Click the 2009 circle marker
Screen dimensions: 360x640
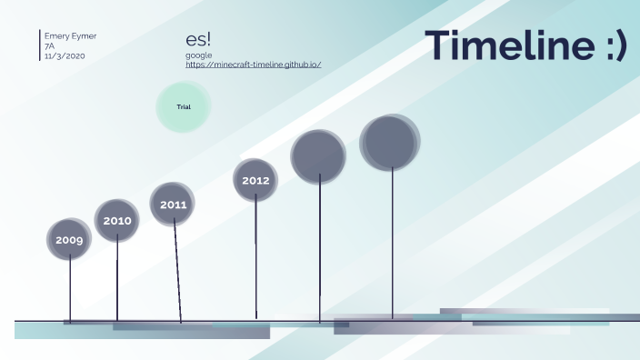69,239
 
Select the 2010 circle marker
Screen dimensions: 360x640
116,220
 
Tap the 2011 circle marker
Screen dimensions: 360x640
173,204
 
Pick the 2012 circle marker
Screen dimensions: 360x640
255,180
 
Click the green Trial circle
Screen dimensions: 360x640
184,107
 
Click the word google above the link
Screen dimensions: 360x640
198,55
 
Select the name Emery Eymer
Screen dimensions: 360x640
71,36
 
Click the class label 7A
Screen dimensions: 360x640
50,46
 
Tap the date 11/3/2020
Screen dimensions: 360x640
65,56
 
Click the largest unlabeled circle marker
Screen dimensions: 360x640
390,143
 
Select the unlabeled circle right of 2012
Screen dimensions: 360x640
318,156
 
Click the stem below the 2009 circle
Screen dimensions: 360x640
70,289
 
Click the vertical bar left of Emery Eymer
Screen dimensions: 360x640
40,45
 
